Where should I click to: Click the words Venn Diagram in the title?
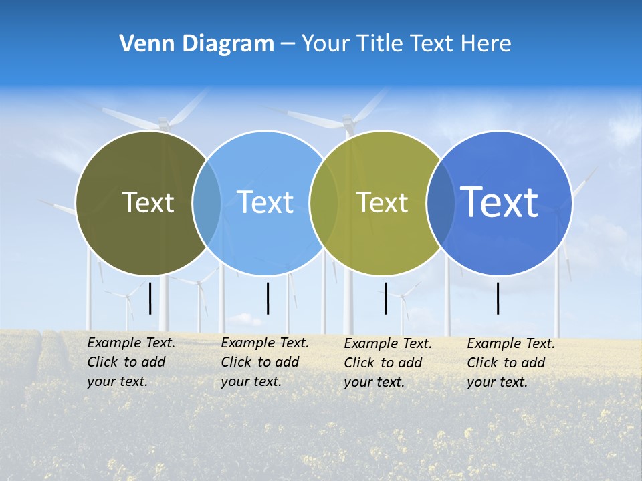point(197,43)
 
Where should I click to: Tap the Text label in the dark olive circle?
point(148,202)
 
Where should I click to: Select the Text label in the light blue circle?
point(265,202)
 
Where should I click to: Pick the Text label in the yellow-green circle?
point(382,202)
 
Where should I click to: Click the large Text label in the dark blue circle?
point(500,202)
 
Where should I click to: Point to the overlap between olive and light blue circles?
point(207,203)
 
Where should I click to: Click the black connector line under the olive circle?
point(150,298)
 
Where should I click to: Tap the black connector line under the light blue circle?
point(267,298)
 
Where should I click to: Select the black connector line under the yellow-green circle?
point(385,298)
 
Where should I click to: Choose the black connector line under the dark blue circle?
point(498,298)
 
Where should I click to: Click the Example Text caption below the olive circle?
point(131,362)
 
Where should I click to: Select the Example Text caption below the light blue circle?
point(265,362)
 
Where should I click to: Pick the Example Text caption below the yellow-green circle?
point(388,363)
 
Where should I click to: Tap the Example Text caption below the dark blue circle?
point(511,363)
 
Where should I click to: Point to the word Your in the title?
point(327,43)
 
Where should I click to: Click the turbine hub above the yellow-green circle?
point(347,121)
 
